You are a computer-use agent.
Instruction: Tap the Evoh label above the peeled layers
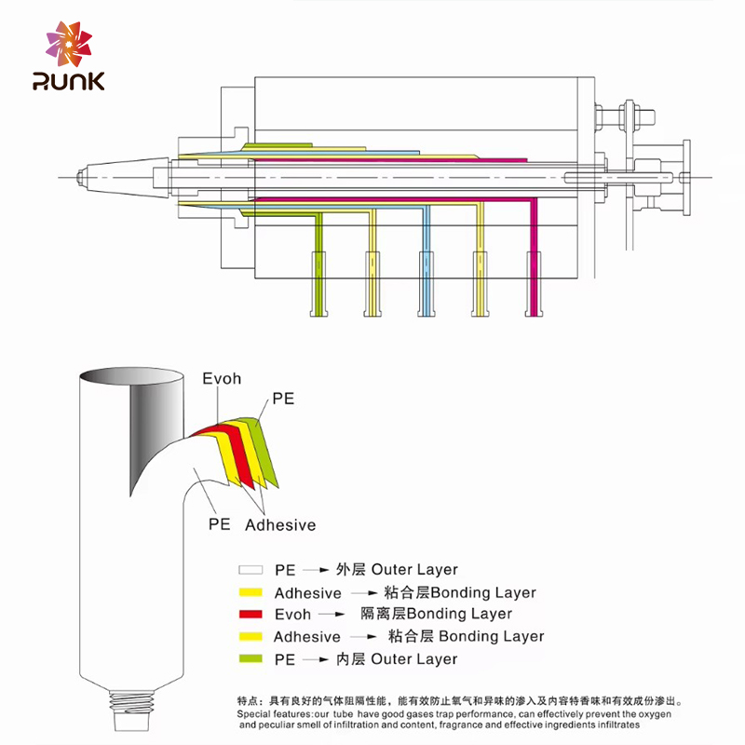pyautogui.click(x=222, y=379)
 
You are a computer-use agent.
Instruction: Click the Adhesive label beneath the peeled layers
pyautogui.click(x=280, y=525)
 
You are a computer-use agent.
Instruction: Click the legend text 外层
pyautogui.click(x=353, y=570)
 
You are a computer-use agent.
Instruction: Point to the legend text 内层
pyautogui.click(x=353, y=659)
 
